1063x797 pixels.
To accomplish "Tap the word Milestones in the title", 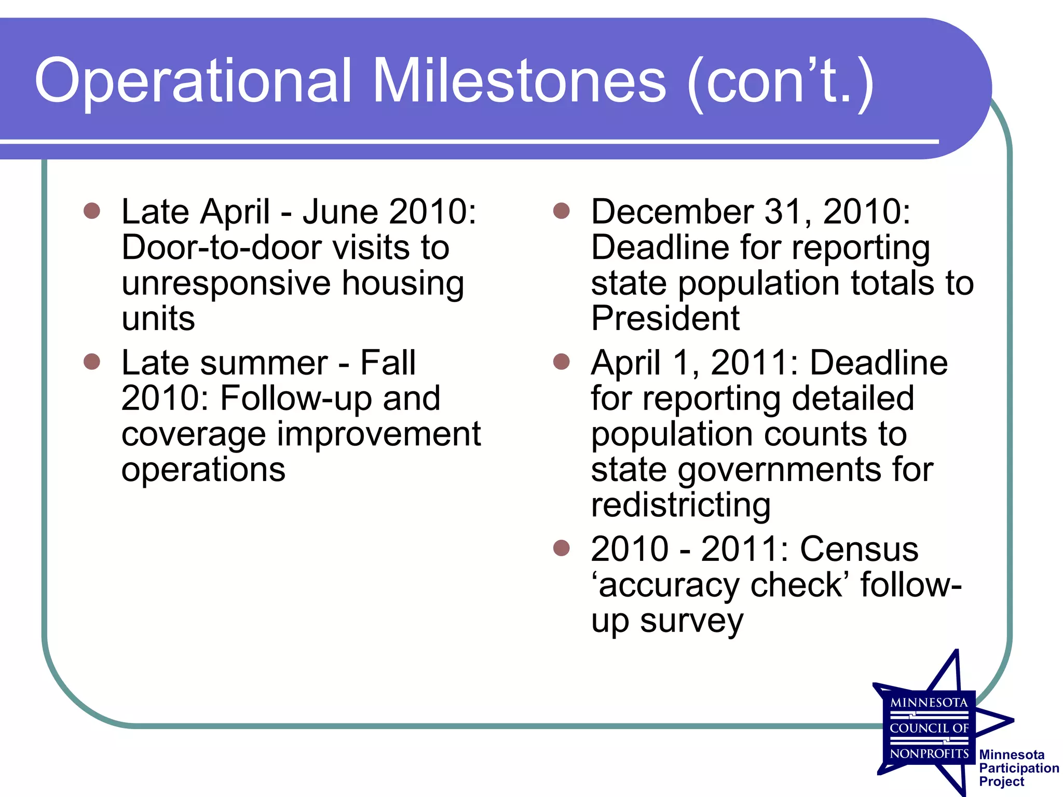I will [519, 81].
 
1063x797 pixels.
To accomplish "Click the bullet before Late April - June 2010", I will [92, 211].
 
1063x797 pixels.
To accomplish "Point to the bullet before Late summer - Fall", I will [92, 361].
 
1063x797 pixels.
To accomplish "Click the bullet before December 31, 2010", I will [562, 211].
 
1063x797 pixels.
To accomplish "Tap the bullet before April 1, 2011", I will [562, 361].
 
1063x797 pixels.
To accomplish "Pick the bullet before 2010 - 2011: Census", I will [562, 547].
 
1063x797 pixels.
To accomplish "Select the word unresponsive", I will [226, 284].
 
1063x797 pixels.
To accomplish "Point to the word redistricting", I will [680, 505].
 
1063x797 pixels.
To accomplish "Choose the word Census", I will [859, 549].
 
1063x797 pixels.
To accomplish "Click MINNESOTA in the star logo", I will [929, 703].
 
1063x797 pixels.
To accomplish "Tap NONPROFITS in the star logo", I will [929, 753].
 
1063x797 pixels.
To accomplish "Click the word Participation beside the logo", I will [1019, 768].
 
